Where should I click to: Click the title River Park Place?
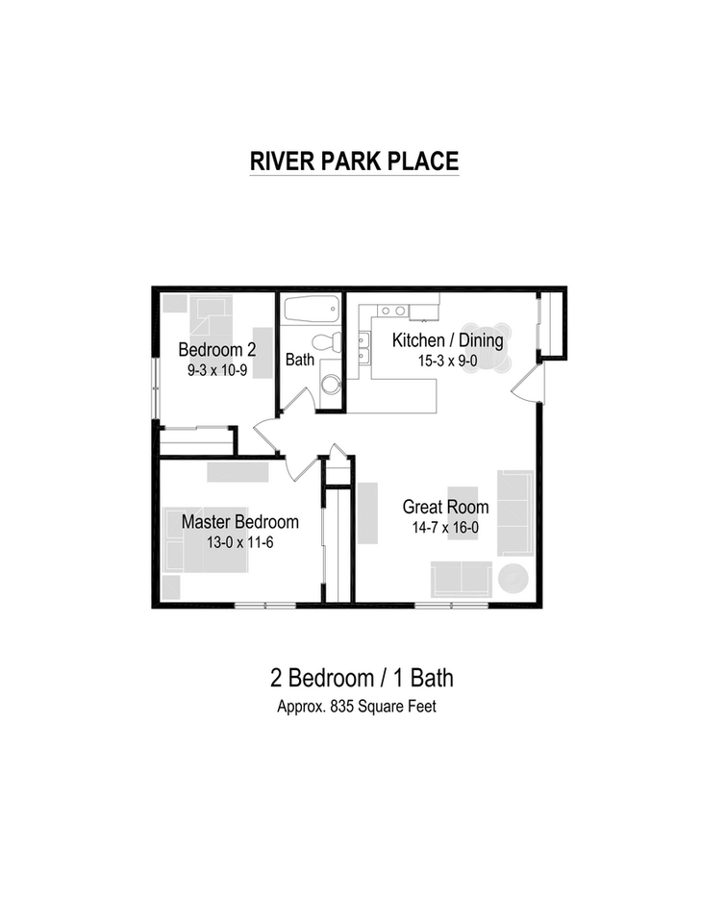[354, 161]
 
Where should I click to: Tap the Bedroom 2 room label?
[216, 348]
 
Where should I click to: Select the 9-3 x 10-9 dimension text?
[216, 368]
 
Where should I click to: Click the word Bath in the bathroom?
[299, 361]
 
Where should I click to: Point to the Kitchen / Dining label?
[447, 340]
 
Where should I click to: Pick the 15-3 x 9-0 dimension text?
[447, 362]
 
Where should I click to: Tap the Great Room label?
[445, 507]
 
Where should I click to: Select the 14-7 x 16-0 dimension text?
[445, 528]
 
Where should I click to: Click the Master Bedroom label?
[239, 522]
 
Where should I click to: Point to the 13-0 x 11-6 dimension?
[239, 542]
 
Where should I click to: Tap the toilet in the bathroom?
[325, 342]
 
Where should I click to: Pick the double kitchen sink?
[365, 348]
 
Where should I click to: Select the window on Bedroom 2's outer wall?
[155, 389]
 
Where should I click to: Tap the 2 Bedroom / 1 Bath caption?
[361, 678]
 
